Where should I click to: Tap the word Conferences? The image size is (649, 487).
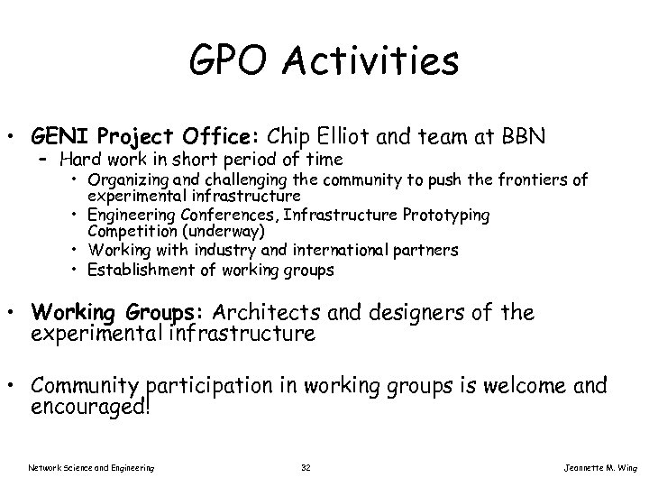point(210,215)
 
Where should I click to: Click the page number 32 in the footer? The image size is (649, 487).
point(306,467)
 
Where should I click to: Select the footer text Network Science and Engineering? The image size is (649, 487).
point(91,467)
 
